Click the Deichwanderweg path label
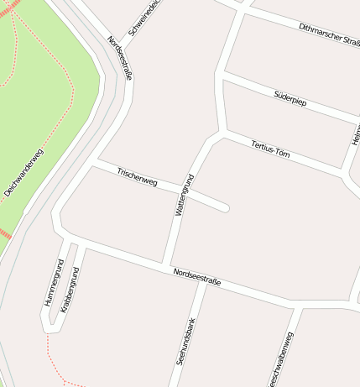23,172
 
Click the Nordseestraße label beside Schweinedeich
121,58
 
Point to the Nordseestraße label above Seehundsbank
196,277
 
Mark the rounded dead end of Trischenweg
224,207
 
